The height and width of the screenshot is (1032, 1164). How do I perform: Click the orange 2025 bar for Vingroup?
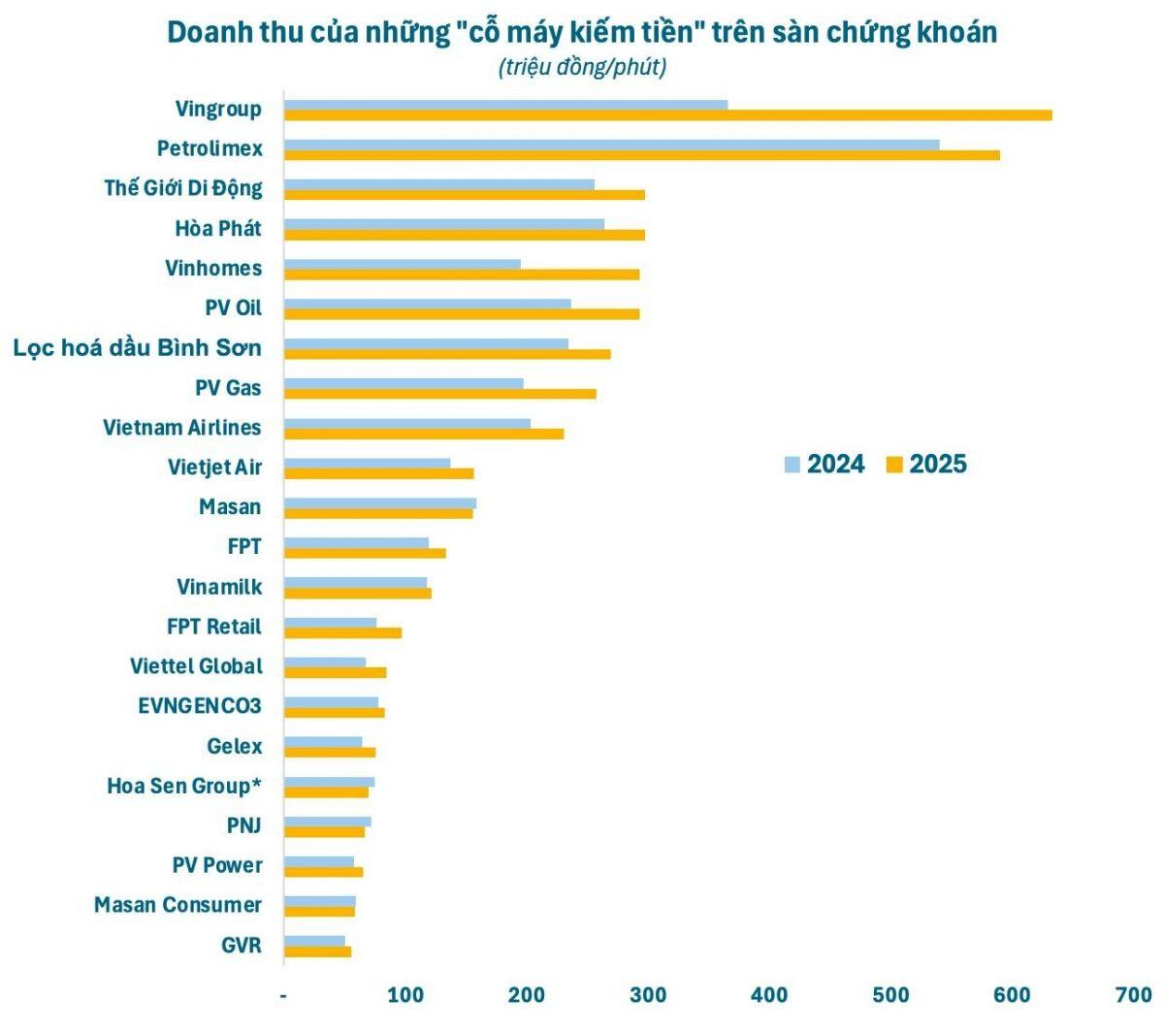[x=667, y=114]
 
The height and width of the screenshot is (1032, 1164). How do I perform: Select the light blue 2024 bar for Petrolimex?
[x=611, y=145]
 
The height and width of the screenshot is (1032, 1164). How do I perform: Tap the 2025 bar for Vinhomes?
[x=462, y=274]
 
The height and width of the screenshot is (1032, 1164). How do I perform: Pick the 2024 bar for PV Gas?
[x=404, y=383]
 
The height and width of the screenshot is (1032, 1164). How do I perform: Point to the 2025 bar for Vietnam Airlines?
[x=424, y=434]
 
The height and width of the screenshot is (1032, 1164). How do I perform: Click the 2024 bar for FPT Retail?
[x=330, y=623]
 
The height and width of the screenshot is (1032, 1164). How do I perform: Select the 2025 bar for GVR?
[x=317, y=951]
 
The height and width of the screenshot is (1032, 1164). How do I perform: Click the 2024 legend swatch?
[x=792, y=465]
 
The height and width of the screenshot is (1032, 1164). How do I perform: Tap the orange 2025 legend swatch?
[x=894, y=465]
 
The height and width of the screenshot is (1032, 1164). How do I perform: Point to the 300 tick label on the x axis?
[x=648, y=994]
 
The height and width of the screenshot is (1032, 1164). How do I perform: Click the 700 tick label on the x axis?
[x=1134, y=994]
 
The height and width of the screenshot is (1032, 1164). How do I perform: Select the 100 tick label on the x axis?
[x=405, y=994]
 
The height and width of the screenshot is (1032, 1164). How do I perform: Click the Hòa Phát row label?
[x=218, y=228]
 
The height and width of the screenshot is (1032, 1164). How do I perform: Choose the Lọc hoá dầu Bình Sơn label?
[x=138, y=347]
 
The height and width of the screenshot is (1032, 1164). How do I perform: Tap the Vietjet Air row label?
[x=215, y=468]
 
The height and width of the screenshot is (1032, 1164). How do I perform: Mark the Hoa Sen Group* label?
[x=184, y=786]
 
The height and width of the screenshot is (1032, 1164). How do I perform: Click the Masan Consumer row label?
[x=178, y=904]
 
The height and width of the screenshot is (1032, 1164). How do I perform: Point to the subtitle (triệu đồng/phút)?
[x=582, y=67]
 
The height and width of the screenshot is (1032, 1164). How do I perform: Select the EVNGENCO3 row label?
[x=200, y=706]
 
